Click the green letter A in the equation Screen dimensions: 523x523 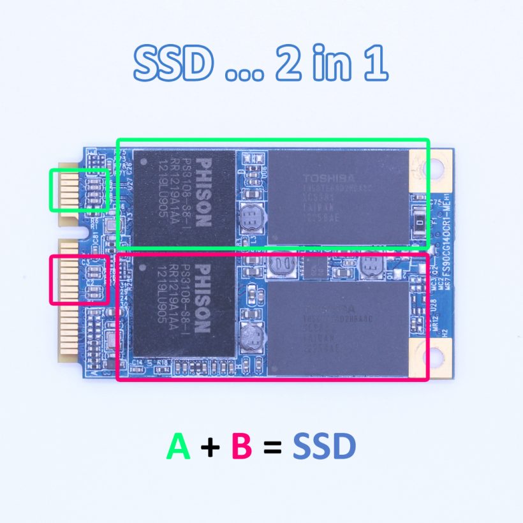point(179,446)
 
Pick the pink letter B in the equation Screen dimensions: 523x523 point(242,446)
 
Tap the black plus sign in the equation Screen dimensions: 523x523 point(210,448)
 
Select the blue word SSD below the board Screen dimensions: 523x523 point(325,446)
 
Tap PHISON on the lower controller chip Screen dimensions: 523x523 point(203,297)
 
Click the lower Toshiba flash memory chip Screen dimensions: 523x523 point(338,325)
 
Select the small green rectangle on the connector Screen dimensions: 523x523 point(79,189)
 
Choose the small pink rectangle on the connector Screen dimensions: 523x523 point(79,279)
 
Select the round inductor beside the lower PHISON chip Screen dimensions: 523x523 point(253,337)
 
